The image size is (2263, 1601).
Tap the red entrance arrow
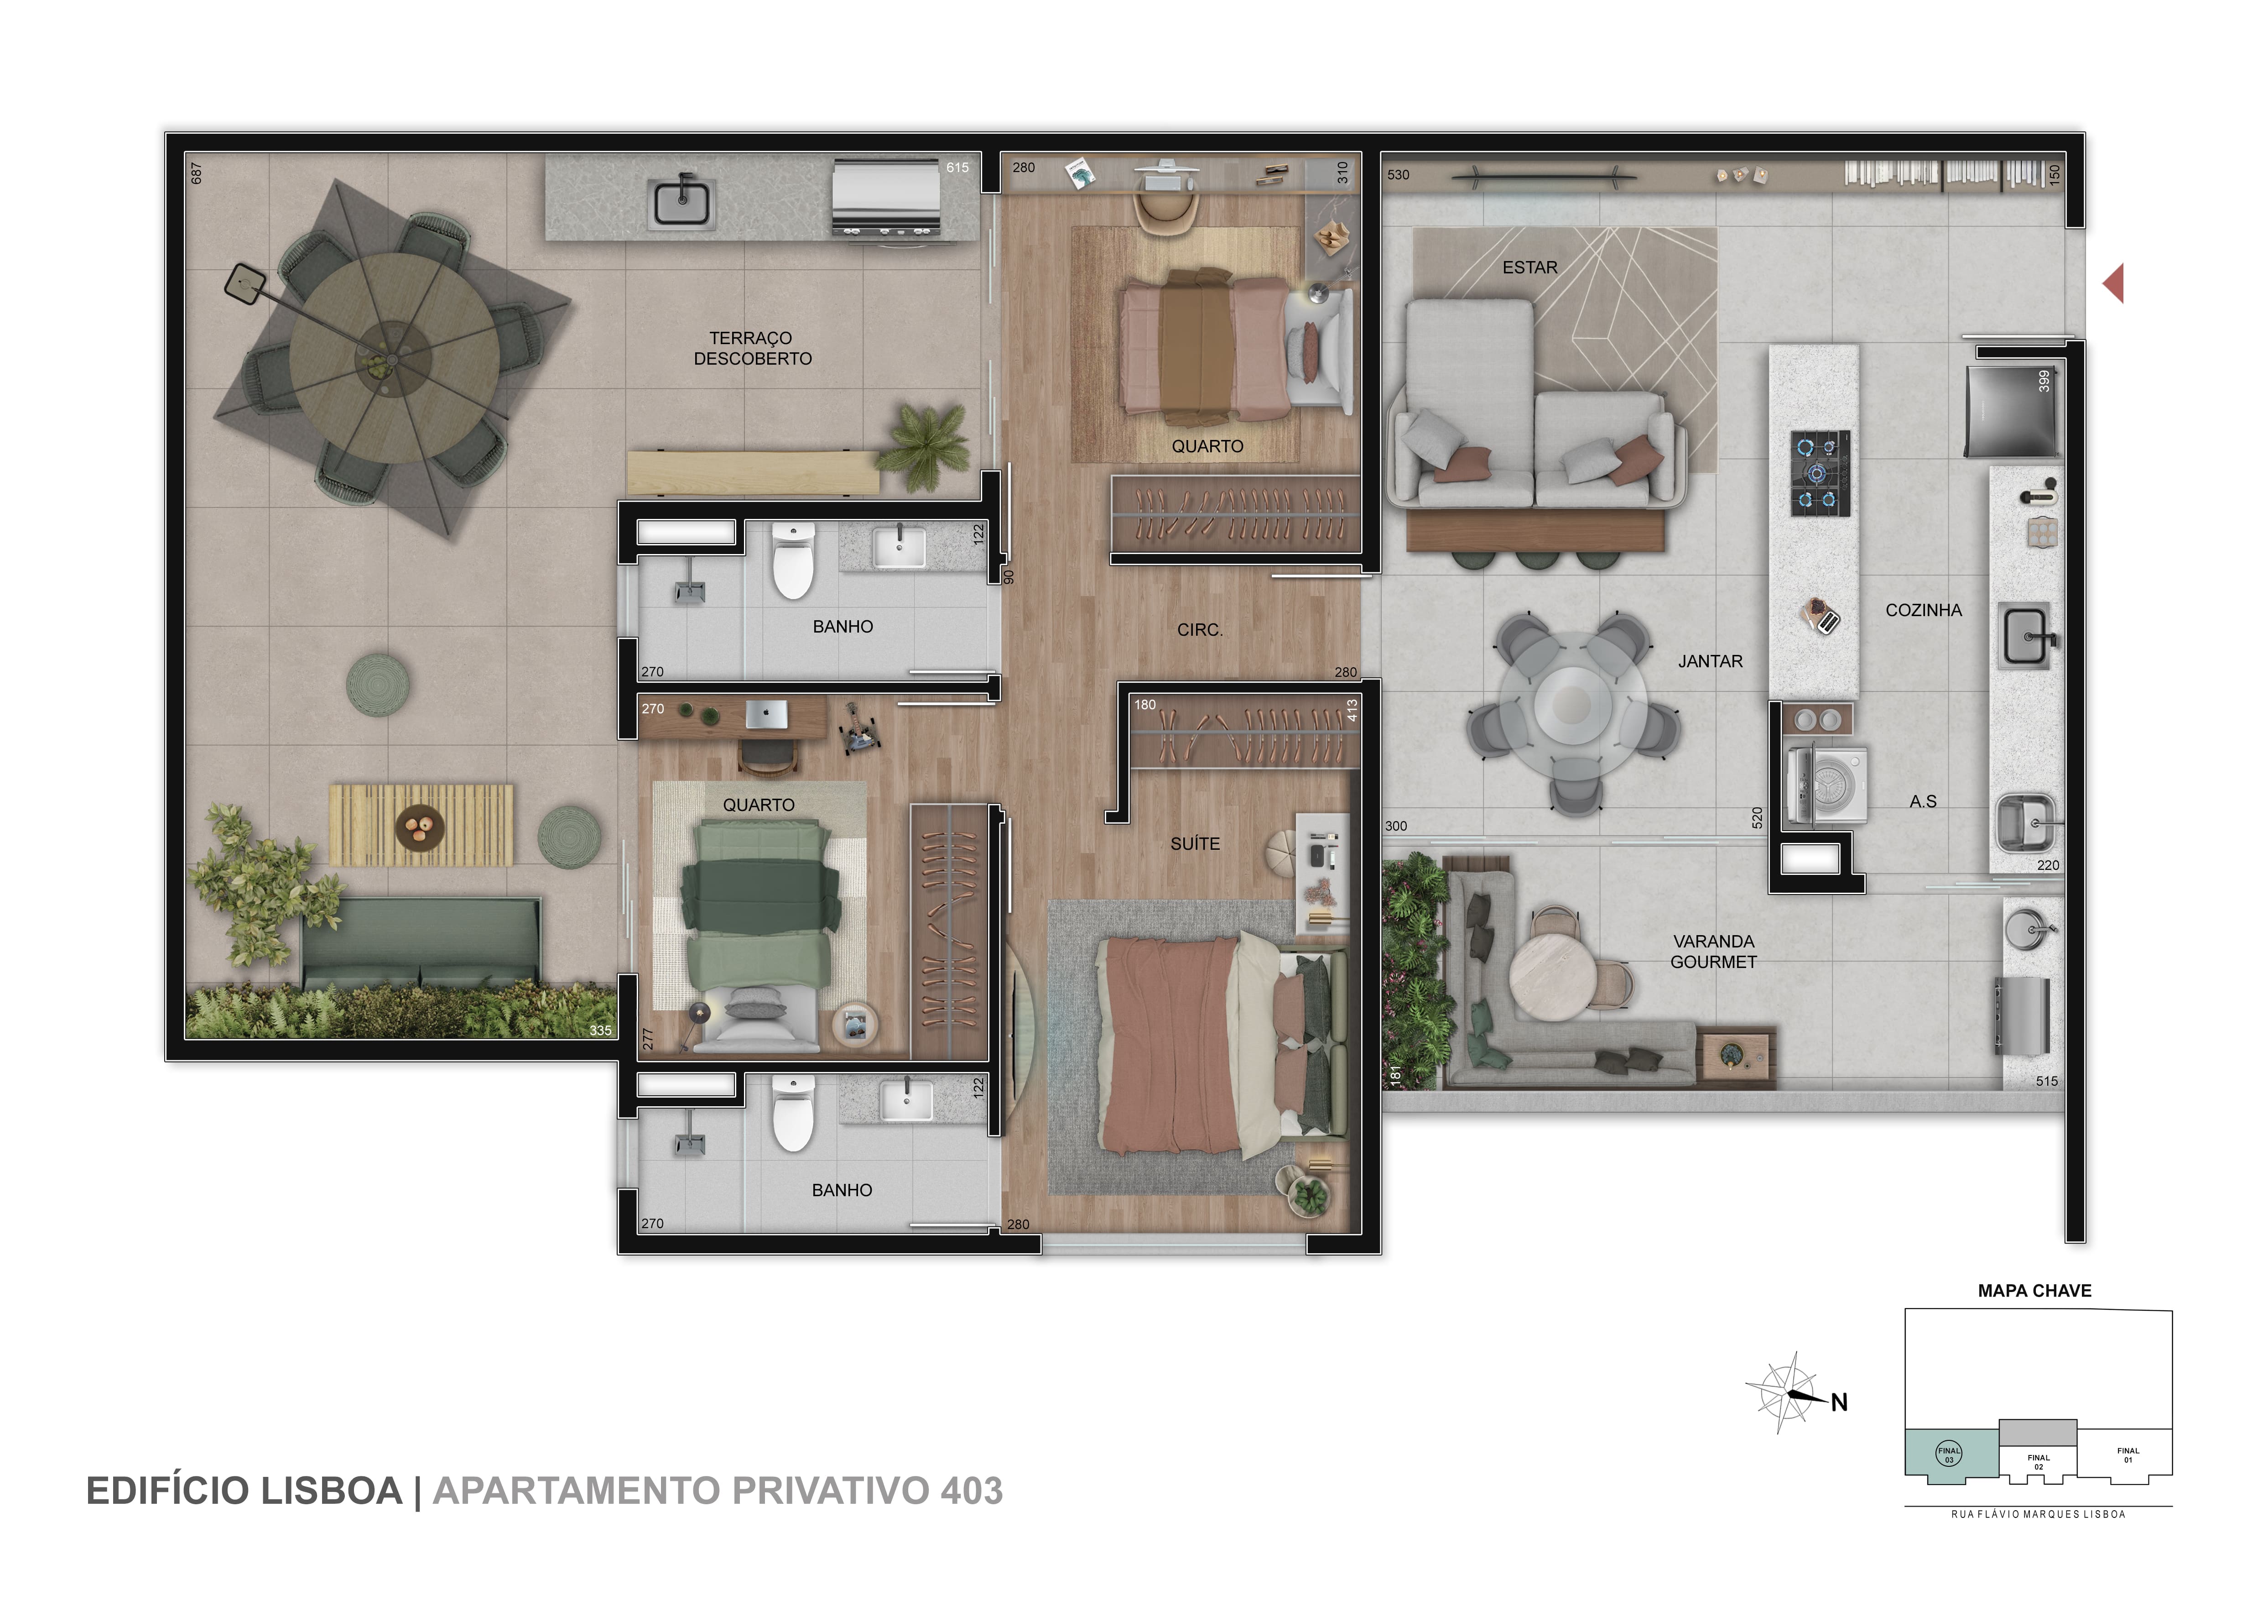pos(2113,284)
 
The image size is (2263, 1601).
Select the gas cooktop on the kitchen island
pos(1820,473)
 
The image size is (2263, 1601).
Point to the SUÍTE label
pos(1195,844)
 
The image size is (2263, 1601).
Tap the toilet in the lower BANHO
pos(793,1114)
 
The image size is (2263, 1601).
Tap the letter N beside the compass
pos(1839,1403)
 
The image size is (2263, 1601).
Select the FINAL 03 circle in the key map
pos(1949,1453)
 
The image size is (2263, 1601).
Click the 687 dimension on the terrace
pos(196,173)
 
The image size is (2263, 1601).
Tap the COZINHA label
pos(1923,610)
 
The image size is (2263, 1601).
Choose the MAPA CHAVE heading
pos(2034,1291)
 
